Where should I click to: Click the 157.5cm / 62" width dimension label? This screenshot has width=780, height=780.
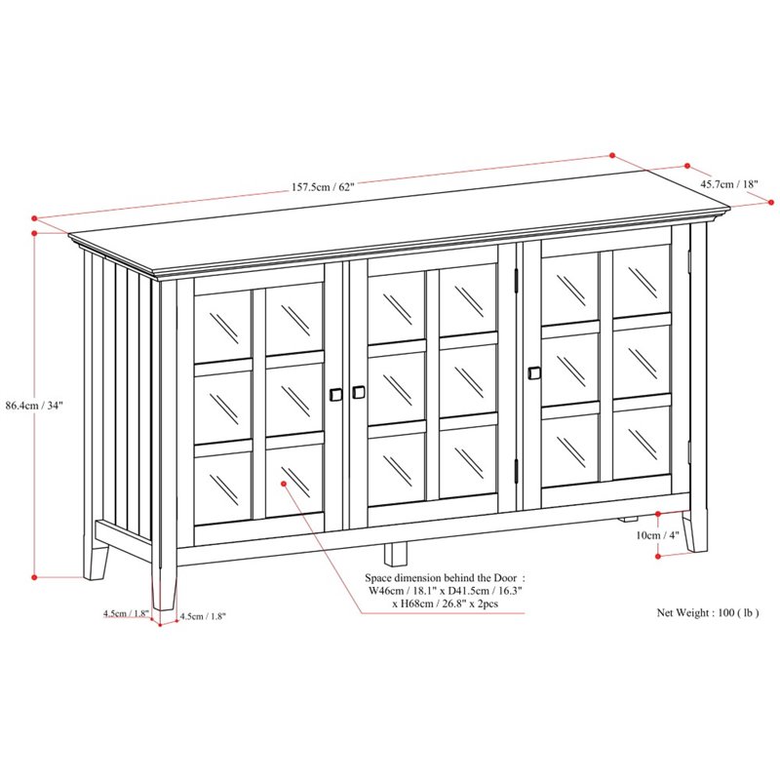coord(323,187)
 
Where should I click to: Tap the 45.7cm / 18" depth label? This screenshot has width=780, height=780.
coord(729,184)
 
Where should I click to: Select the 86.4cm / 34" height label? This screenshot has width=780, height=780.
coord(34,406)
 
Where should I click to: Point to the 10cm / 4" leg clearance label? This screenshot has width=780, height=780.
coord(657,535)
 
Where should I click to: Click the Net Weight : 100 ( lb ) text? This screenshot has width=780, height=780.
coord(708,613)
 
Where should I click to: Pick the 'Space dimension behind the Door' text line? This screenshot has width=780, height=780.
coord(445,578)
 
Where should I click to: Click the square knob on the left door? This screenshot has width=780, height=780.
coord(335,395)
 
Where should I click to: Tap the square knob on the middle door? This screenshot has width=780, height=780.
coord(359,392)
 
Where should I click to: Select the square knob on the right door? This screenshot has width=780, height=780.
coord(534,373)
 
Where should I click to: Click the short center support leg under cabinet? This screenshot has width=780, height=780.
coord(396,554)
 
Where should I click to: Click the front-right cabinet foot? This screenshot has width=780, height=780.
coord(695,531)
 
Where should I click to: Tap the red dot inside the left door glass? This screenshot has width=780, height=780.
coord(284,483)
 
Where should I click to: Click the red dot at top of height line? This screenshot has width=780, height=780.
coord(34,233)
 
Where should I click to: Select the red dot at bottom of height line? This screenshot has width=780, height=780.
coord(34,577)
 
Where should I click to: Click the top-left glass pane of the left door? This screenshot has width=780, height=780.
coord(222,326)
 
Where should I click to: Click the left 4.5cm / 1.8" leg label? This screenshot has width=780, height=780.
coord(127,613)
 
